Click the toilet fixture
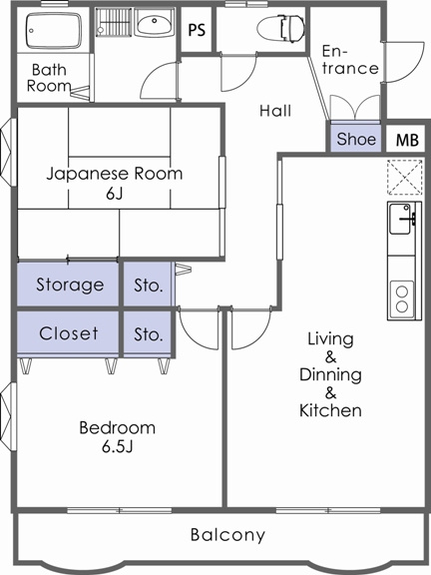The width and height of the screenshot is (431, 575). click(280, 28)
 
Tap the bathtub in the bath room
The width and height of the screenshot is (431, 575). click(54, 31)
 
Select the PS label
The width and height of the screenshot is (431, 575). click(197, 30)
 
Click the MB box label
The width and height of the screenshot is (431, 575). click(407, 140)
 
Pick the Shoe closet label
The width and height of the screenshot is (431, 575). click(356, 139)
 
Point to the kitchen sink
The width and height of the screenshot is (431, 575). click(401, 219)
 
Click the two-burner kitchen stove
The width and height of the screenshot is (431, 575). click(402, 298)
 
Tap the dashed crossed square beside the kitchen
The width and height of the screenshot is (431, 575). click(405, 177)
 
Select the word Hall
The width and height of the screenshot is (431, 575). click(275, 111)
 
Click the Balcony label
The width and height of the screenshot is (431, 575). click(227, 535)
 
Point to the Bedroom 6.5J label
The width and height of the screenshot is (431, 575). click(118, 437)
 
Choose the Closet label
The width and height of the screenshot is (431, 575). click(69, 333)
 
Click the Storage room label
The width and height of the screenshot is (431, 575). click(70, 285)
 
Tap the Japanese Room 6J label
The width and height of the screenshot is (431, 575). click(115, 183)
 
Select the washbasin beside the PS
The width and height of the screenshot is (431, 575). click(154, 22)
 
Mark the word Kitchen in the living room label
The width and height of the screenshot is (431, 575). click(330, 410)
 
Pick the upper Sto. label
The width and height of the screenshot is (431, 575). click(148, 286)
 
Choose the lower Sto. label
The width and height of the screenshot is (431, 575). click(148, 334)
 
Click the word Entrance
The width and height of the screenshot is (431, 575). click(350, 60)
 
